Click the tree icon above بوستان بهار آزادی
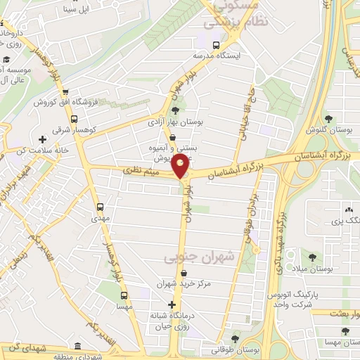click(174, 110)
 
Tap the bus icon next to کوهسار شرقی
click(64, 92)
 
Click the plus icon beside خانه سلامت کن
click(44, 139)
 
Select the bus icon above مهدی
click(100, 207)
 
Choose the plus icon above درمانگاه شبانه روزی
click(171, 304)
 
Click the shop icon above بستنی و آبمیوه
click(172, 139)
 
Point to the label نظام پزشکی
click(226, 22)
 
